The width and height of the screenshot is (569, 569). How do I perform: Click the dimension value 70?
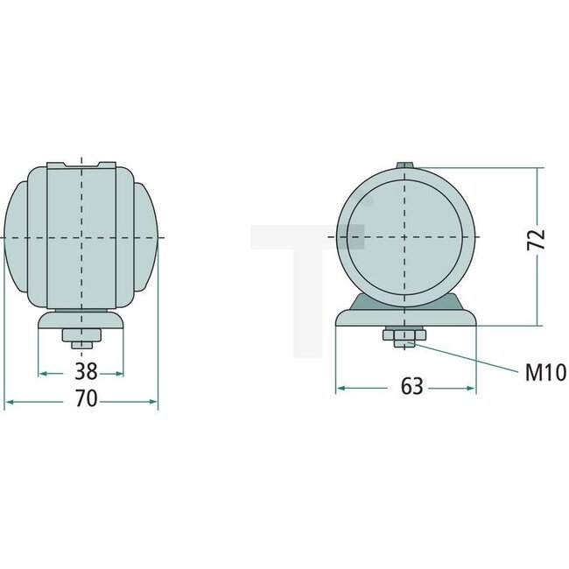click(85, 401)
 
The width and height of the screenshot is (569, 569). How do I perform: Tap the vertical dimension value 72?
click(537, 240)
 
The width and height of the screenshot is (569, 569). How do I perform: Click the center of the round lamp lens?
click(405, 237)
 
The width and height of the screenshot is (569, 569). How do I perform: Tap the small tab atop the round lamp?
click(405, 165)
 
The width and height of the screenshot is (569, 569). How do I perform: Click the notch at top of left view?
click(81, 165)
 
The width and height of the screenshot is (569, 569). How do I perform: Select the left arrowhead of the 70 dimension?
click(9, 402)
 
